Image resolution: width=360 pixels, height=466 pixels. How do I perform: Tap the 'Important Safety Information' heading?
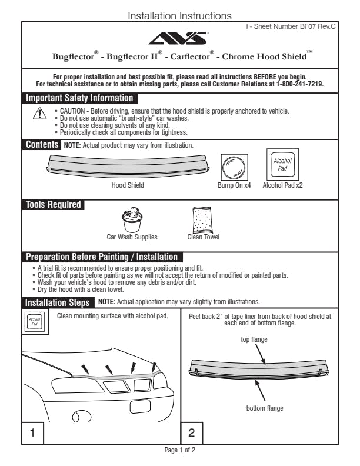pos(79,98)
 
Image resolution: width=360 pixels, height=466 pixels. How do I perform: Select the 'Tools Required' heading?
pos(54,205)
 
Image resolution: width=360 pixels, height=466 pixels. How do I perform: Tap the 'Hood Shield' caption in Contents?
pos(128,185)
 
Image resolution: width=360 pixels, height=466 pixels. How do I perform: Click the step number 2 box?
pos(192,432)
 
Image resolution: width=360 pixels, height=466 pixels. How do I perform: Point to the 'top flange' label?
pos(253,339)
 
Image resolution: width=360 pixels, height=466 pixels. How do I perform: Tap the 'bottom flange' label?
pos(264,408)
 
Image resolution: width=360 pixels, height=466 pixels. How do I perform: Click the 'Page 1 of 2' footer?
pos(179,450)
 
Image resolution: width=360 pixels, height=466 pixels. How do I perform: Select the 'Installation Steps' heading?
pos(58,302)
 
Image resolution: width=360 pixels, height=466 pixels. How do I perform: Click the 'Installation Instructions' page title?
pos(179,16)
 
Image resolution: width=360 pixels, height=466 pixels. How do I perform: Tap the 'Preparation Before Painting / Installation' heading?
pos(101,257)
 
